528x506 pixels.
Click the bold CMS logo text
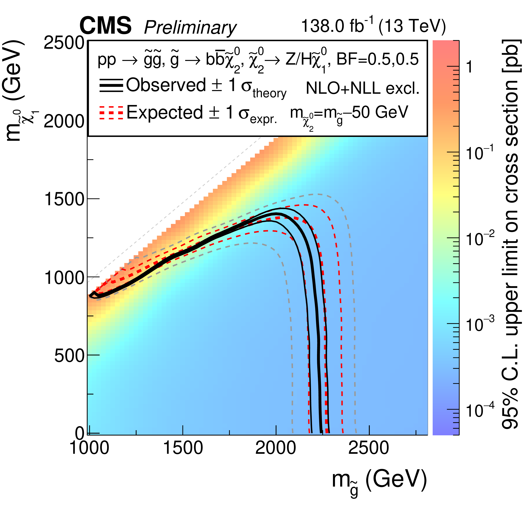(105, 26)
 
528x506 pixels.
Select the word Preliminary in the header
(190, 28)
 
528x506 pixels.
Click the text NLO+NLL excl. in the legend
(363, 88)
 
